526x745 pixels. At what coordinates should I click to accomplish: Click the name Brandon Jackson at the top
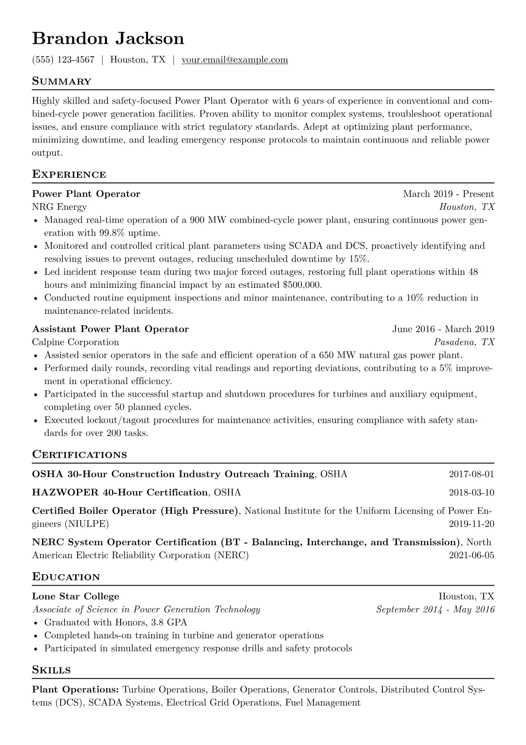(x=108, y=39)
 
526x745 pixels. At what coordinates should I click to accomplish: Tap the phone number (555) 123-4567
(x=63, y=60)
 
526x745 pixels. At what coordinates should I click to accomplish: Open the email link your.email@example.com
(x=235, y=60)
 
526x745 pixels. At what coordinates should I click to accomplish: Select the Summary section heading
(x=61, y=81)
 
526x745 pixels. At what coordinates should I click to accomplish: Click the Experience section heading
(x=69, y=174)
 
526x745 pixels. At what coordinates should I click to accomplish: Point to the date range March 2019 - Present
(x=448, y=194)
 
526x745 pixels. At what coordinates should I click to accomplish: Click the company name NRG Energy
(x=59, y=207)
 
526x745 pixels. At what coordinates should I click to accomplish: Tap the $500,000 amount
(x=302, y=285)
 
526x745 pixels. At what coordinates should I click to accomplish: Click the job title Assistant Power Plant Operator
(x=111, y=329)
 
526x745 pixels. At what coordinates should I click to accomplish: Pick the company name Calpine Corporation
(x=76, y=342)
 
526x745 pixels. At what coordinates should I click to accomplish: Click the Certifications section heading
(x=80, y=455)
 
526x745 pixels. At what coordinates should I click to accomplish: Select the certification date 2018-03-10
(x=471, y=493)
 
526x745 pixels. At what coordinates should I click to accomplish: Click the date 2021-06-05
(x=471, y=555)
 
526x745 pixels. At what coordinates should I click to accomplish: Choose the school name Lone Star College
(x=76, y=596)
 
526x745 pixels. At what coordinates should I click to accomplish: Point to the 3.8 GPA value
(x=168, y=622)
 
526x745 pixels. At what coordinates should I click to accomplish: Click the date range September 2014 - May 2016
(x=435, y=610)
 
